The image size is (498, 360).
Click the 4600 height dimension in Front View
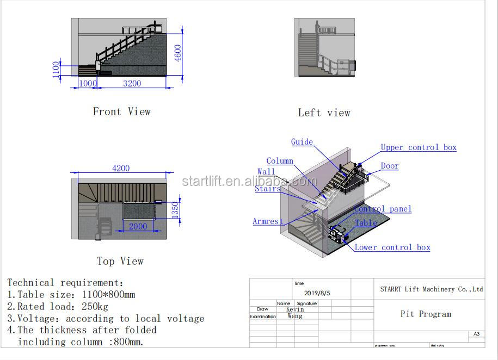(x=178, y=53)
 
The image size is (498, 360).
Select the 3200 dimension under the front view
(x=132, y=83)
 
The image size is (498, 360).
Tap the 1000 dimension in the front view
(x=88, y=83)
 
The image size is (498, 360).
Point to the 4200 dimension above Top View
(x=121, y=169)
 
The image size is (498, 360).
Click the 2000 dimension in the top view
(x=138, y=226)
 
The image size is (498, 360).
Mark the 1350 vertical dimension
(x=175, y=210)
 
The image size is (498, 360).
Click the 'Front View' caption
(x=121, y=111)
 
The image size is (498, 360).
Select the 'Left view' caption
(x=324, y=113)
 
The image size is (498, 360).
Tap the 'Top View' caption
(x=120, y=261)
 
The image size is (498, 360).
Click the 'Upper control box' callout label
(x=418, y=147)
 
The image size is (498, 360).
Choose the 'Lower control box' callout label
(x=392, y=247)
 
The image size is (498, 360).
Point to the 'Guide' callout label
(x=302, y=142)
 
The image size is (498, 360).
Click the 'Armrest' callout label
(x=268, y=221)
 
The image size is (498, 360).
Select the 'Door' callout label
(x=389, y=166)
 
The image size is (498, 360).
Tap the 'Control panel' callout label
(x=383, y=209)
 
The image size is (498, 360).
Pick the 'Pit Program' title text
(x=426, y=314)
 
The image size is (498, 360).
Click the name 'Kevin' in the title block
(x=295, y=309)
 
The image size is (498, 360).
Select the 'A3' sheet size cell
(x=476, y=334)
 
